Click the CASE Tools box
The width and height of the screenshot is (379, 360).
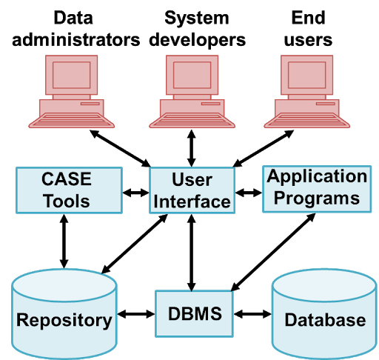click(69, 190)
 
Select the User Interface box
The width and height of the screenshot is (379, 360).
click(192, 190)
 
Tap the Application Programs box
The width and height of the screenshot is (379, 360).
click(317, 189)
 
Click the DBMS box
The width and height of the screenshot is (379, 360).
click(194, 313)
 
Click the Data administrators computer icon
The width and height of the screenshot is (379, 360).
click(71, 92)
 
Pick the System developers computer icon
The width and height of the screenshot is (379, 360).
click(192, 92)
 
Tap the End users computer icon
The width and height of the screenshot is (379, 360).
click(306, 92)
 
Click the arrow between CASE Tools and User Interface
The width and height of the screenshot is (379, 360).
click(135, 193)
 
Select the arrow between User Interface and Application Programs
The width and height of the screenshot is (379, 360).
click(249, 193)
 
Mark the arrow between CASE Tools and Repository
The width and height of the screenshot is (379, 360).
click(64, 241)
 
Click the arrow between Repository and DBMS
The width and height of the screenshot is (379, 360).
click(136, 314)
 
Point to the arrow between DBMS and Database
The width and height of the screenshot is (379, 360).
click(252, 314)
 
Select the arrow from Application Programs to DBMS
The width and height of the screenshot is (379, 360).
click(273, 252)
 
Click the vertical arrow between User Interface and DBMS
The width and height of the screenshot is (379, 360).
click(192, 253)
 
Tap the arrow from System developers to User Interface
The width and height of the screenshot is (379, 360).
click(192, 148)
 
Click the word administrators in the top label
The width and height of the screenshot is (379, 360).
click(76, 40)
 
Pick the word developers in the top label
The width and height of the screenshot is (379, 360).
click(198, 41)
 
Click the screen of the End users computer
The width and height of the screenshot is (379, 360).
click(306, 75)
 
